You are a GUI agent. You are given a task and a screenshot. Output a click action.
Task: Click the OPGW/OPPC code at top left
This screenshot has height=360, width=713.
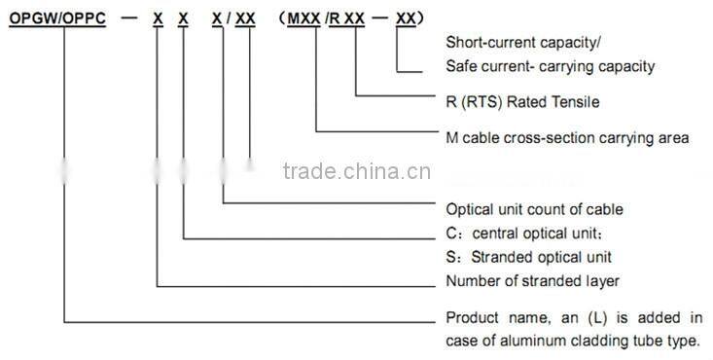point(64,18)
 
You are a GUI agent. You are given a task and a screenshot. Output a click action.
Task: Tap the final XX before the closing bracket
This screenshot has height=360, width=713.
point(410,18)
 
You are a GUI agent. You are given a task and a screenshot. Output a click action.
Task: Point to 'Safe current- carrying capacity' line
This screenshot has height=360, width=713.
point(550,66)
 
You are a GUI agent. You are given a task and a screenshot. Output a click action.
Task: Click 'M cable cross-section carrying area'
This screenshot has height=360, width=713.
point(567,138)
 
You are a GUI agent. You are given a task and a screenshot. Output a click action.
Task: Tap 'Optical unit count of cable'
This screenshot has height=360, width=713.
point(533,208)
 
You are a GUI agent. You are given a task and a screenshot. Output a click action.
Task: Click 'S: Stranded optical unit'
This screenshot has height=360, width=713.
point(527,257)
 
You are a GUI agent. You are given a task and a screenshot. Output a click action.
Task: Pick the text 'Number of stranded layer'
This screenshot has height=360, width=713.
point(532,281)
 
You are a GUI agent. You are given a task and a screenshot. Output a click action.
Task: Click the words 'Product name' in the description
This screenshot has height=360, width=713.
point(491,318)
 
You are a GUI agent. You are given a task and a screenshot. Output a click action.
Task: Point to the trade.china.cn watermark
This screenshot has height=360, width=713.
point(349,173)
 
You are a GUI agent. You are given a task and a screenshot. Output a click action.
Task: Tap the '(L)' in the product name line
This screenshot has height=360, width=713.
point(591,318)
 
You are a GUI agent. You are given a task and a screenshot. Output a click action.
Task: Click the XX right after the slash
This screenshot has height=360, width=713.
point(245,18)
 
